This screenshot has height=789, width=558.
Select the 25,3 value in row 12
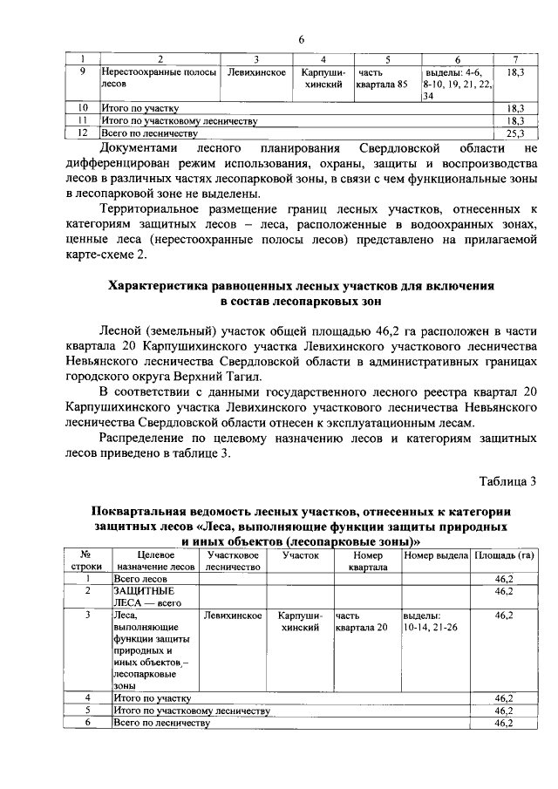coord(514,133)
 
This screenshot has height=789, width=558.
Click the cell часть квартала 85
coord(380,78)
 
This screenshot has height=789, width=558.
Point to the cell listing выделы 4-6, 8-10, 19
coord(456,84)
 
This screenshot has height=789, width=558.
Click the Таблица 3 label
coord(507,481)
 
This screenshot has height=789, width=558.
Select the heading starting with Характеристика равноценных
coord(301,293)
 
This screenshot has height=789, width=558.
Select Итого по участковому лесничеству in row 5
coord(191,711)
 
